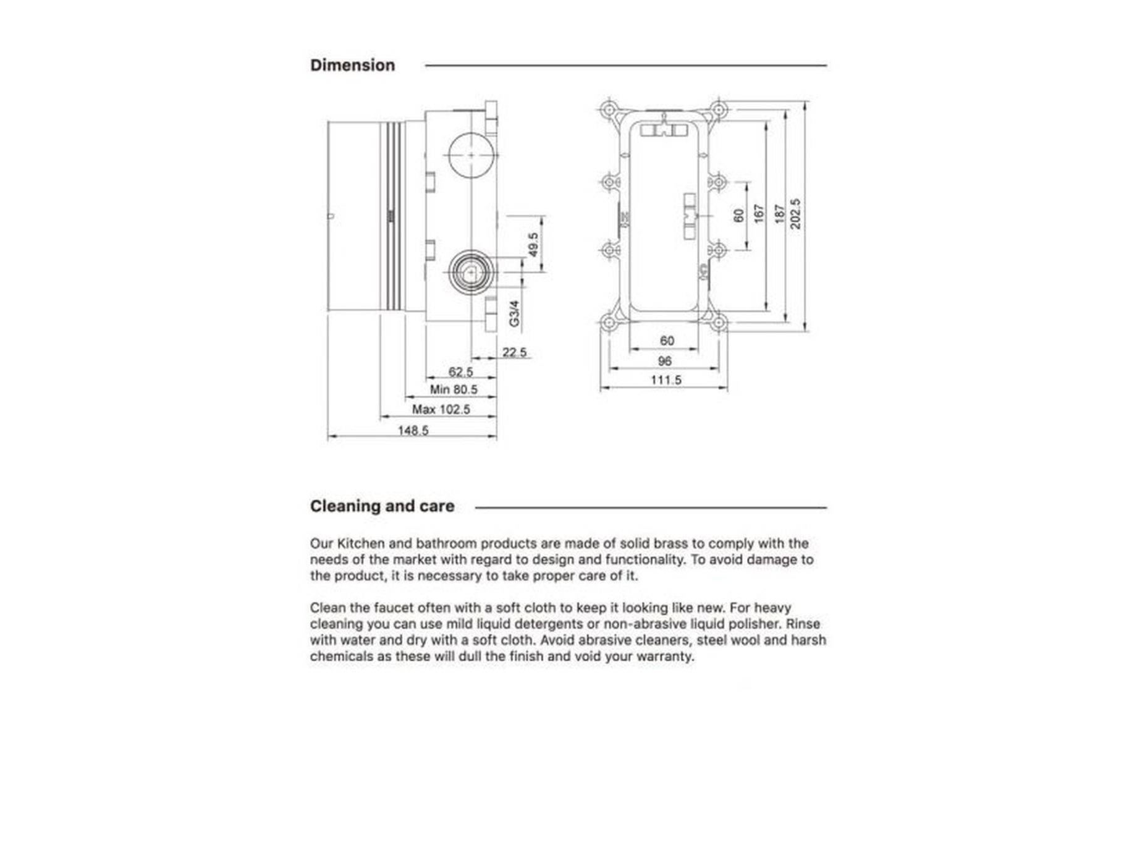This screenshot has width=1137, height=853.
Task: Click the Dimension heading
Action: [x=352, y=66]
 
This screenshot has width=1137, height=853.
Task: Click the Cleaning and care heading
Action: [x=382, y=506]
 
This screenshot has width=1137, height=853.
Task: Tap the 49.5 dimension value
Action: [x=534, y=244]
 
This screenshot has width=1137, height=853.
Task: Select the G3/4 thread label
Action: [x=514, y=313]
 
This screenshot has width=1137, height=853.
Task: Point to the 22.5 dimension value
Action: [x=514, y=352]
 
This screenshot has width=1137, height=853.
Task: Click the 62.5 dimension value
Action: [x=460, y=371]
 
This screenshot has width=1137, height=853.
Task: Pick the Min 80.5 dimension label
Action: [x=454, y=389]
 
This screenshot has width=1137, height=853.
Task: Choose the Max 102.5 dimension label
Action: [x=441, y=409]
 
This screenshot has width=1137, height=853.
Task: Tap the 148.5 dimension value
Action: [x=413, y=430]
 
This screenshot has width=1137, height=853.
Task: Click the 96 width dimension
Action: [x=665, y=361]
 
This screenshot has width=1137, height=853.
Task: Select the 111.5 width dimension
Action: [x=666, y=380]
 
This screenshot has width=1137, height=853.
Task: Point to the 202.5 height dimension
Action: [x=796, y=214]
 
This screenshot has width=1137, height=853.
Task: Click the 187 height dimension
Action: [x=779, y=214]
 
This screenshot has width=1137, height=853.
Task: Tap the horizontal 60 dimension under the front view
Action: [x=667, y=341]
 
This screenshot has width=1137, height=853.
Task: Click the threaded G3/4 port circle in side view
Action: [x=471, y=272]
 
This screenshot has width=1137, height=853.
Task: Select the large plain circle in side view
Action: [x=471, y=155]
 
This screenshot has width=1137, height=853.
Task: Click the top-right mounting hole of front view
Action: [x=718, y=110]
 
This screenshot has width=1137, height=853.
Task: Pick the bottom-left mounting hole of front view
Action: [x=609, y=322]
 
